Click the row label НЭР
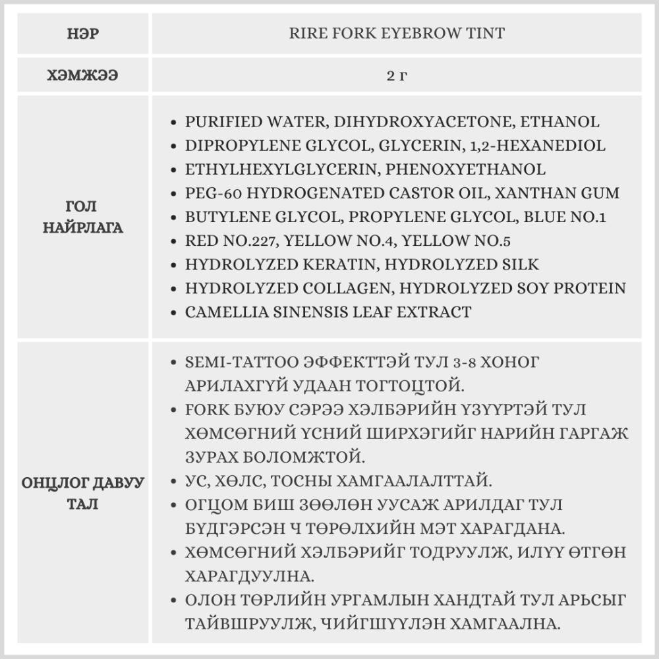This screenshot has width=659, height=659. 82,33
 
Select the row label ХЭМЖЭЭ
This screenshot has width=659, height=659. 82,75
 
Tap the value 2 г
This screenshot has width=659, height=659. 397,75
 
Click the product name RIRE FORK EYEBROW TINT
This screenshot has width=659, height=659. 397,33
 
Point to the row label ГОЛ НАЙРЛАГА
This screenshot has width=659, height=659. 82,218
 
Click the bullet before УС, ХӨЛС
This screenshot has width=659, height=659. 173,482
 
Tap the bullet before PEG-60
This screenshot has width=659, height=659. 173,194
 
